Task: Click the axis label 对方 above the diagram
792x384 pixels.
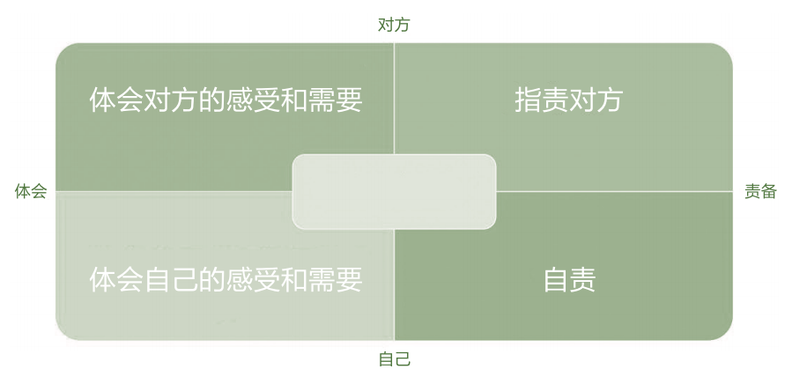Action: pyautogui.click(x=394, y=25)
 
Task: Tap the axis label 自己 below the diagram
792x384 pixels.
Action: pyautogui.click(x=394, y=359)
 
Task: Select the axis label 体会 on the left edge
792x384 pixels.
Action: pyautogui.click(x=30, y=191)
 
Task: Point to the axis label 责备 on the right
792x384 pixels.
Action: pyautogui.click(x=760, y=191)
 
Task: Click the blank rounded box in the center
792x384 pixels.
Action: pyautogui.click(x=394, y=191)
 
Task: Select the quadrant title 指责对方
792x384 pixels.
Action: pyautogui.click(x=568, y=100)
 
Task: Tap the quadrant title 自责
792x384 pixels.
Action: pyautogui.click(x=569, y=280)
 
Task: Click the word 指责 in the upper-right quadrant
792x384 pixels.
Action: pyautogui.click(x=541, y=100)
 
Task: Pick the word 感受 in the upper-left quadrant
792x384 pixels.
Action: pyautogui.click(x=253, y=100)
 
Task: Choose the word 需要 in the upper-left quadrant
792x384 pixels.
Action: pyautogui.click(x=336, y=100)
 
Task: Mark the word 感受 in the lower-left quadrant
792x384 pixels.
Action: pyautogui.click(x=253, y=280)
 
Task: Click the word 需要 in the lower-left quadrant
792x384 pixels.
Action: pyautogui.click(x=336, y=280)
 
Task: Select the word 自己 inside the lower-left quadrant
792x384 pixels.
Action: pyautogui.click(x=171, y=280)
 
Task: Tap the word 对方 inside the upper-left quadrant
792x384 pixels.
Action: pyautogui.click(x=171, y=100)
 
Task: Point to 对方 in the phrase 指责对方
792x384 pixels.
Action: pyautogui.click(x=596, y=100)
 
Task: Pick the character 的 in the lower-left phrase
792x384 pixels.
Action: pyautogui.click(x=212, y=280)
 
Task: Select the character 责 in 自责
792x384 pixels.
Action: pyautogui.click(x=583, y=280)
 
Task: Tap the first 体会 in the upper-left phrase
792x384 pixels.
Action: pyautogui.click(x=116, y=100)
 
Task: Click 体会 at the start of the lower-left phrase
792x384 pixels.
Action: pyautogui.click(x=116, y=280)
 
